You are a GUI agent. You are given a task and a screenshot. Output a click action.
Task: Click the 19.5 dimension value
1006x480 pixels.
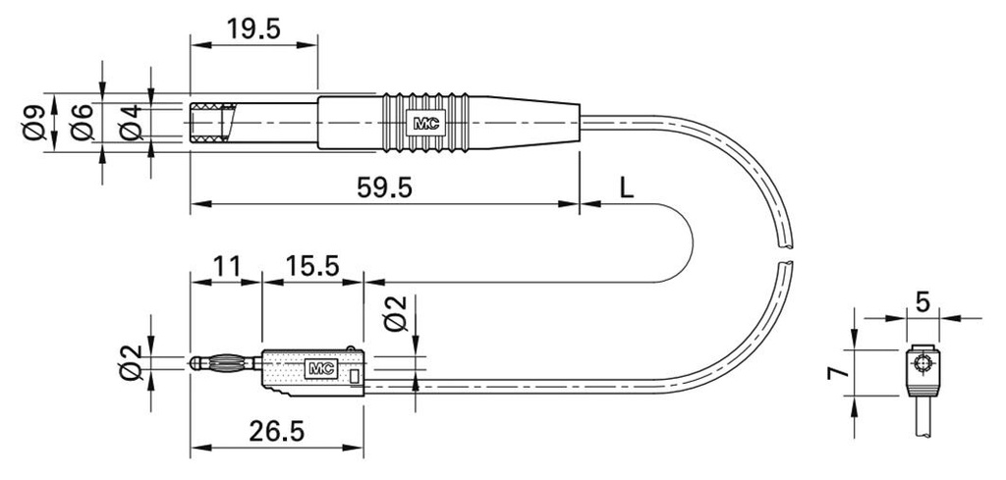[253, 28]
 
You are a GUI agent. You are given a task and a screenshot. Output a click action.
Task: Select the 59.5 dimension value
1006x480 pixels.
[385, 187]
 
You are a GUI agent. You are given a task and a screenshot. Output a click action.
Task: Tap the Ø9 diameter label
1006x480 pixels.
[34, 123]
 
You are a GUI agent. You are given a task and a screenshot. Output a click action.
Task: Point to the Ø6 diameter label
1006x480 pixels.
[83, 123]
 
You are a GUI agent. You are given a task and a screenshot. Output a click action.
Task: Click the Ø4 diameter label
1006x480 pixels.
[131, 123]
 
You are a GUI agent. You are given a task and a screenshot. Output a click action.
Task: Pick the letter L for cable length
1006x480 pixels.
[627, 187]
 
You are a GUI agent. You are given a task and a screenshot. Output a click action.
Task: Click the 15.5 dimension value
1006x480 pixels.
[311, 265]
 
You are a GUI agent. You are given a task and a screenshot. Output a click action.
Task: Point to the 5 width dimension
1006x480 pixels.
[922, 302]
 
